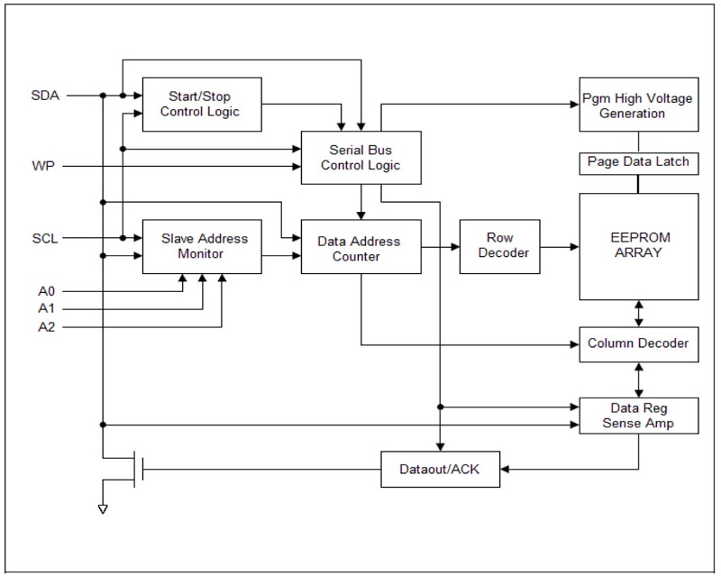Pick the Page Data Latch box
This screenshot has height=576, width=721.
[639, 162]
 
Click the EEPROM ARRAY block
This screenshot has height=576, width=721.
[639, 246]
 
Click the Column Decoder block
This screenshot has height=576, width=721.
[639, 343]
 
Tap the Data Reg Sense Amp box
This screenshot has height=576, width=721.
[639, 416]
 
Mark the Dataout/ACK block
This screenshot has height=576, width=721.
[441, 469]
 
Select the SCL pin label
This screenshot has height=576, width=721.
[45, 239]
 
